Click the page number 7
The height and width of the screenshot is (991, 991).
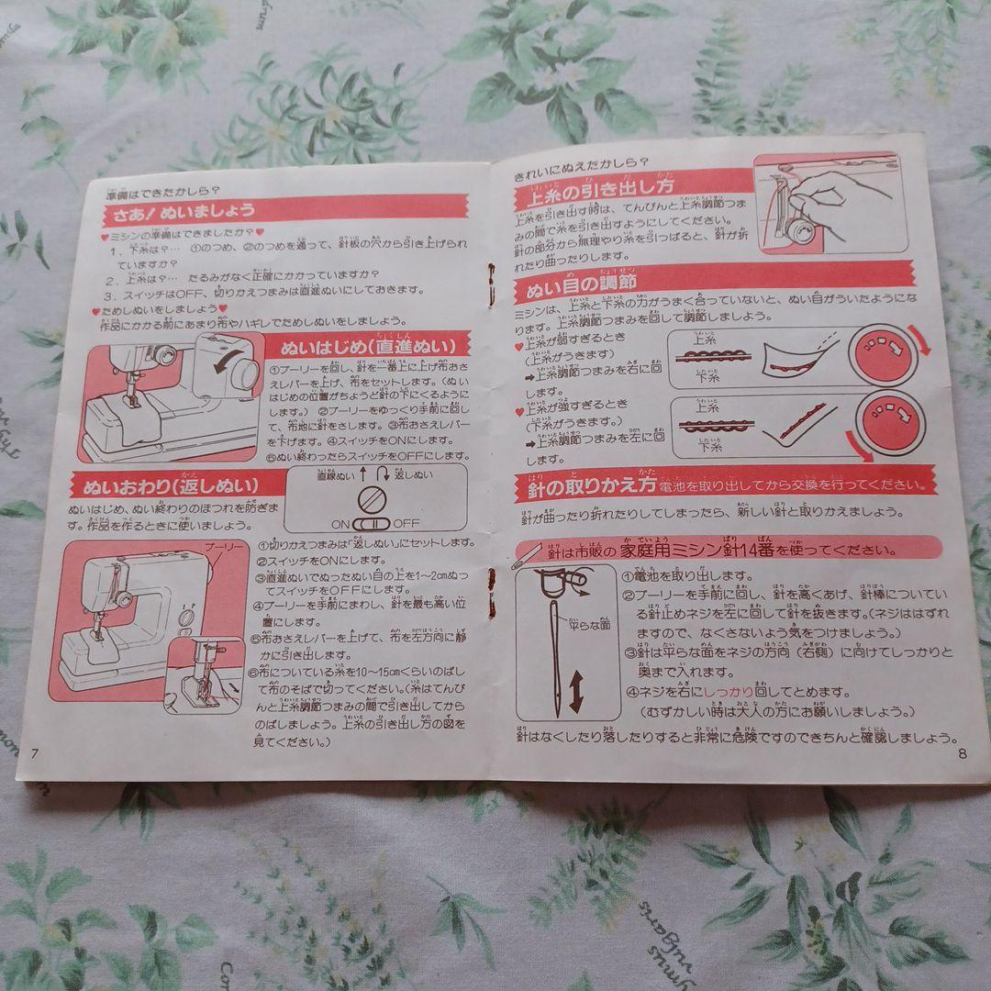[x=34, y=753]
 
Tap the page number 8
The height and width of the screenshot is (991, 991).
[x=962, y=755]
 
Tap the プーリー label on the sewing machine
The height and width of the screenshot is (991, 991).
[x=224, y=547]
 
